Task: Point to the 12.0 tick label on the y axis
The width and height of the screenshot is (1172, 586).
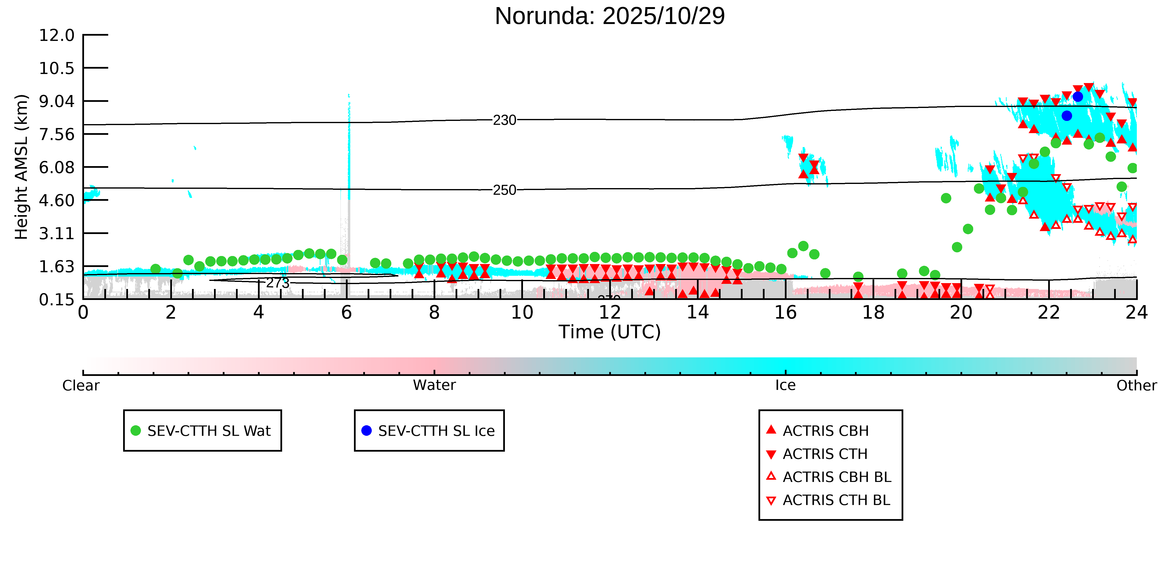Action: click(56, 35)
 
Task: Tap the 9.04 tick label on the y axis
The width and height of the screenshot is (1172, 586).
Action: click(56, 101)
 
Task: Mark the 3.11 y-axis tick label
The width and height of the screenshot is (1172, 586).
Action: click(56, 234)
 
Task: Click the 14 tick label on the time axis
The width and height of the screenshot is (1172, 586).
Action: click(697, 313)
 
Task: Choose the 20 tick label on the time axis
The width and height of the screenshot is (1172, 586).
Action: click(961, 313)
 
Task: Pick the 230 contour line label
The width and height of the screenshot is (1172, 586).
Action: click(505, 120)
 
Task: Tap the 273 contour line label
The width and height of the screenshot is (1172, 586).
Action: click(277, 283)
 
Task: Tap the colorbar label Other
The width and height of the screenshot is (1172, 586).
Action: click(1136, 385)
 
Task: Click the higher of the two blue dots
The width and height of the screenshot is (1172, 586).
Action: click(1077, 96)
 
